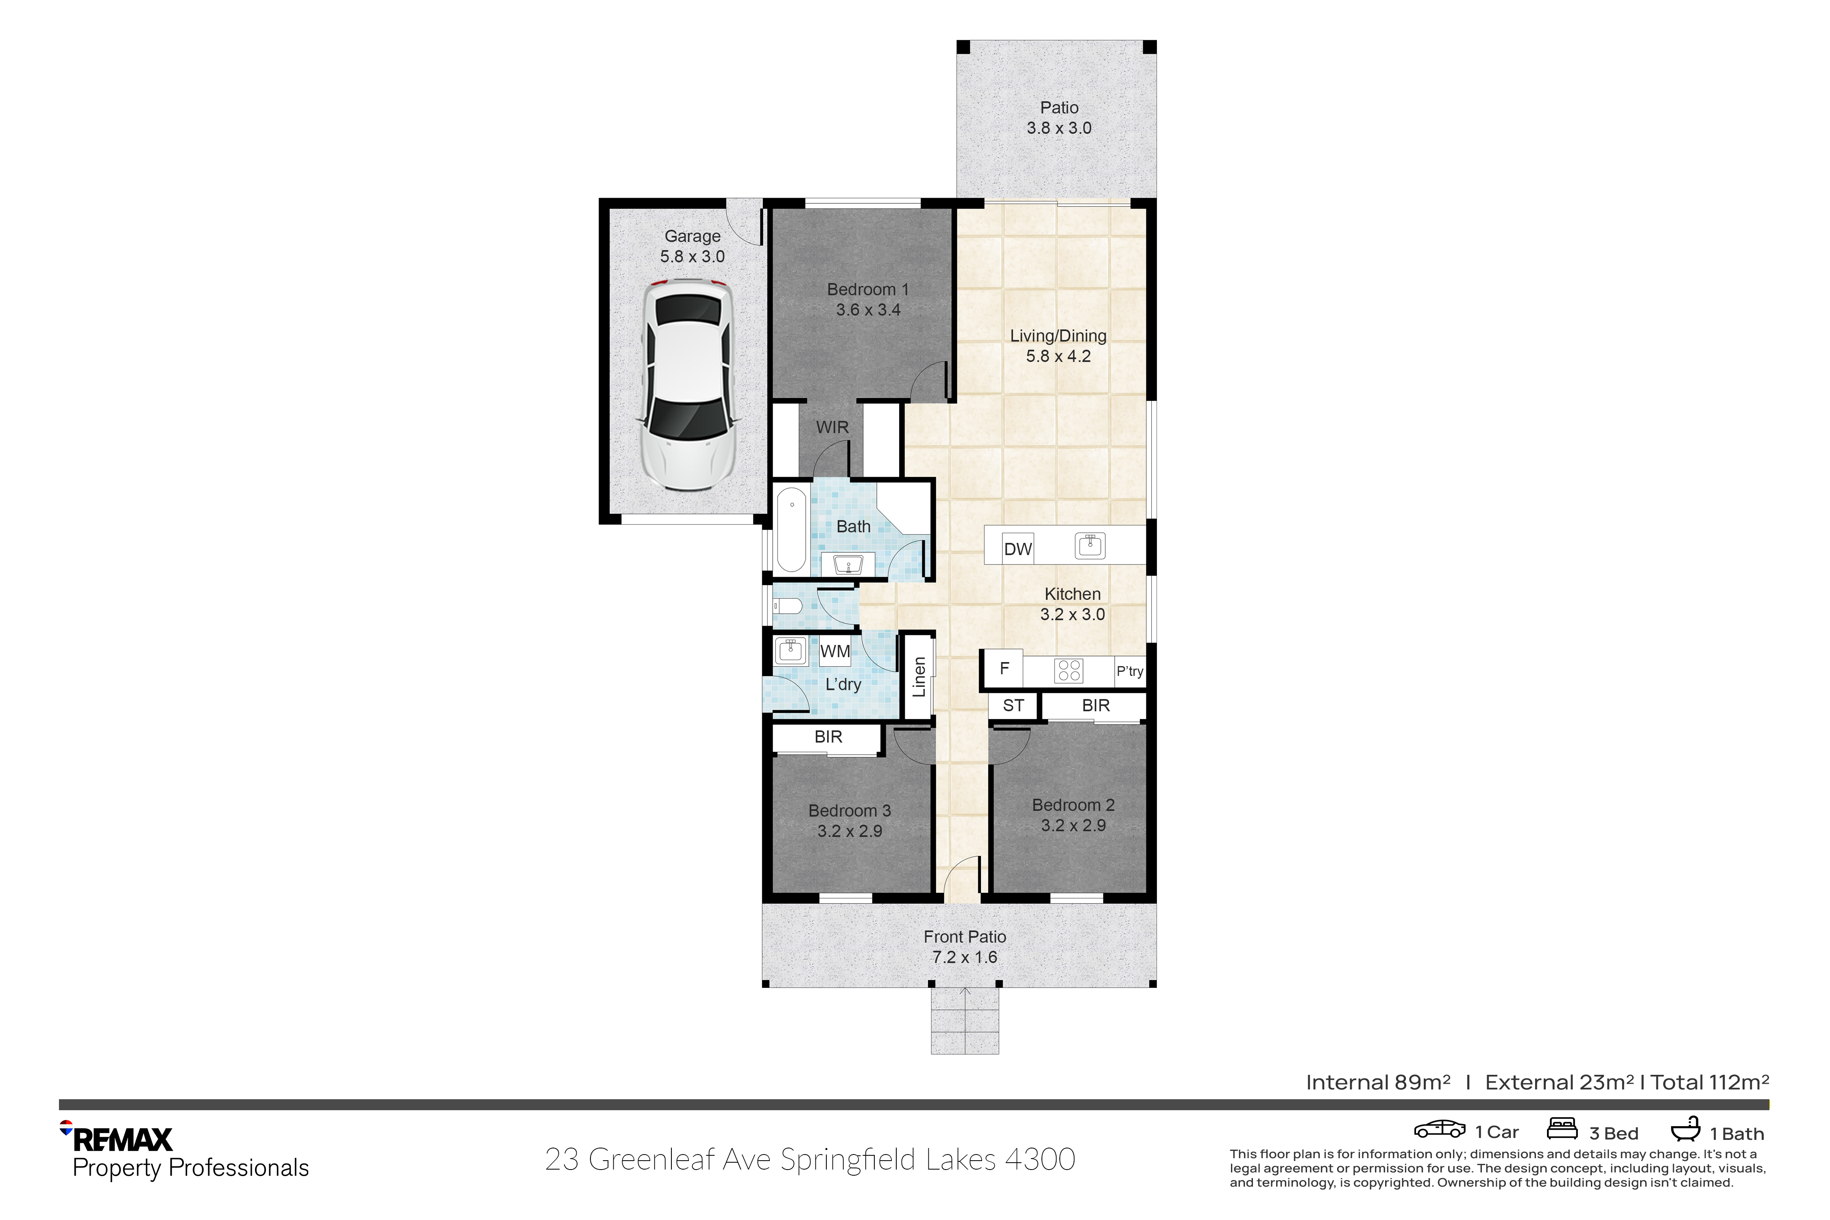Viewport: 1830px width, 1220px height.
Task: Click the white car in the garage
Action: tap(688, 384)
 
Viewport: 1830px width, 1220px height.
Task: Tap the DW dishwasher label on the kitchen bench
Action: tap(1018, 549)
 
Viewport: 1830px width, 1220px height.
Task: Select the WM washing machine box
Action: tap(835, 651)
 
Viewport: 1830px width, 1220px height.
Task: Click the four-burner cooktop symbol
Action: tap(1069, 671)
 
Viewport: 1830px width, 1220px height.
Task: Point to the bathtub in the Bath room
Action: tap(791, 530)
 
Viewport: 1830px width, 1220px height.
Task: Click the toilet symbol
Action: tap(787, 606)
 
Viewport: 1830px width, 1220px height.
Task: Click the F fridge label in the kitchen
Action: tap(1004, 668)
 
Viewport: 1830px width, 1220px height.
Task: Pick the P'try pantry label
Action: tap(1130, 671)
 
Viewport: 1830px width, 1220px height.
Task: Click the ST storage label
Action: tap(1013, 706)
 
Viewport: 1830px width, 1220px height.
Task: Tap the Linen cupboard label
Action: tap(919, 676)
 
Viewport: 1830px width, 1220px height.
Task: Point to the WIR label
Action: tap(832, 427)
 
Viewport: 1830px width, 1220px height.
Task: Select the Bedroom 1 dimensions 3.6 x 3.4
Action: tap(868, 309)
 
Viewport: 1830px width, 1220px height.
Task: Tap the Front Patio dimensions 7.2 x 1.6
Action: tap(965, 957)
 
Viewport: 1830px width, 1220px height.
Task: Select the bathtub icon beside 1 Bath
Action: tap(1685, 1129)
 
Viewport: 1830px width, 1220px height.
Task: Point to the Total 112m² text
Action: tap(1710, 1082)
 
